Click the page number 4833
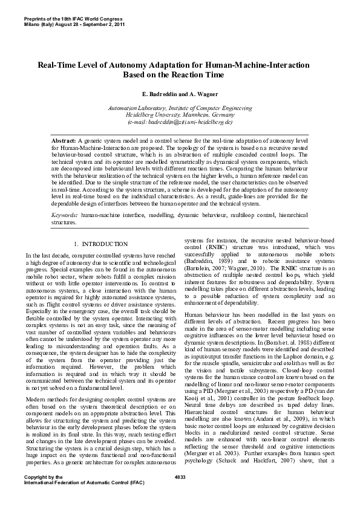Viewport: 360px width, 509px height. click(x=180, y=494)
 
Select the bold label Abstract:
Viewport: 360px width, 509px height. click(x=63, y=140)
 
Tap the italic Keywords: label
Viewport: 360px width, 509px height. click(x=64, y=215)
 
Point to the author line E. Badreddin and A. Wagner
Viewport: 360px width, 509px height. click(x=180, y=96)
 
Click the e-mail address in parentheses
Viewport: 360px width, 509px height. click(x=180, y=122)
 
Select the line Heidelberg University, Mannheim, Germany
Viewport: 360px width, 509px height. click(x=180, y=115)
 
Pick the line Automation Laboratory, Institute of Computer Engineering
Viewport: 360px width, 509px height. click(x=180, y=108)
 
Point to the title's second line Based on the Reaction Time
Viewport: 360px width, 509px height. click(x=180, y=75)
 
